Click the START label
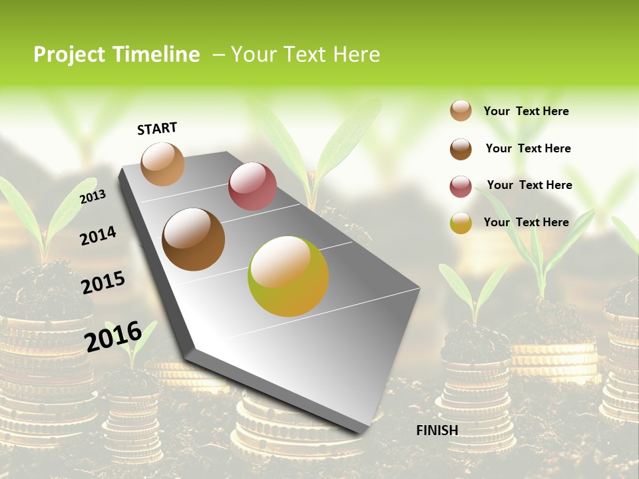[x=157, y=128]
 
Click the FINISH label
[x=437, y=430]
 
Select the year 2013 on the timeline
[x=93, y=196]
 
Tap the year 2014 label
[x=98, y=236]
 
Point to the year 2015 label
[x=103, y=283]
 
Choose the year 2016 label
[x=112, y=336]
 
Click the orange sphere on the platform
[x=162, y=164]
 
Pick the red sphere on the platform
[x=252, y=186]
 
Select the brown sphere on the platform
[x=193, y=239]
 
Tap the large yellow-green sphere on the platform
[x=288, y=276]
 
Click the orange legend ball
[x=461, y=110]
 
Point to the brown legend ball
[x=461, y=148]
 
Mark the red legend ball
[x=461, y=186]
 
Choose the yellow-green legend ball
[x=461, y=223]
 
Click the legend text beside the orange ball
[x=526, y=111]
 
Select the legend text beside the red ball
[x=529, y=185]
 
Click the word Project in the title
[x=69, y=55]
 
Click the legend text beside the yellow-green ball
[x=526, y=222]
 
